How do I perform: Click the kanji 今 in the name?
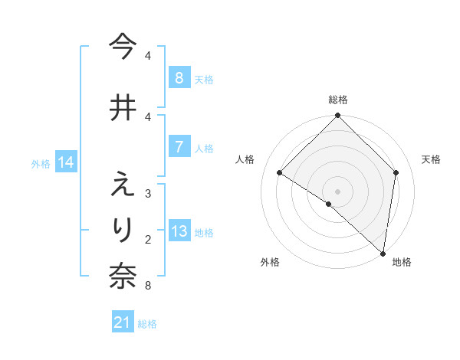(x=123, y=47)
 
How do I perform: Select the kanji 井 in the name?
(x=123, y=107)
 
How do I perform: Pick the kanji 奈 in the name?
(x=123, y=277)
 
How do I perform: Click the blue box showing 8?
(x=179, y=78)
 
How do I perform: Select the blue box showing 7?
(x=179, y=147)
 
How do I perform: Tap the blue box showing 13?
(x=179, y=232)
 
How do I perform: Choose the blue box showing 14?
(x=66, y=162)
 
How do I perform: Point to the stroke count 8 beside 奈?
(x=147, y=286)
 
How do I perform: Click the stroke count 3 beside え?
(x=147, y=195)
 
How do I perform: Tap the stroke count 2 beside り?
(x=147, y=240)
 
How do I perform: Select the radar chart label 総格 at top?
(x=337, y=100)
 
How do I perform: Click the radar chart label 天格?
(x=431, y=159)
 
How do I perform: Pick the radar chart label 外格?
(x=270, y=262)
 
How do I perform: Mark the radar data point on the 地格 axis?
(x=383, y=252)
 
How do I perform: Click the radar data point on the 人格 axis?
(x=280, y=173)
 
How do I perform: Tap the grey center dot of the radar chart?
(x=337, y=191)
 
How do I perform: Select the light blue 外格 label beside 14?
(x=41, y=163)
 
